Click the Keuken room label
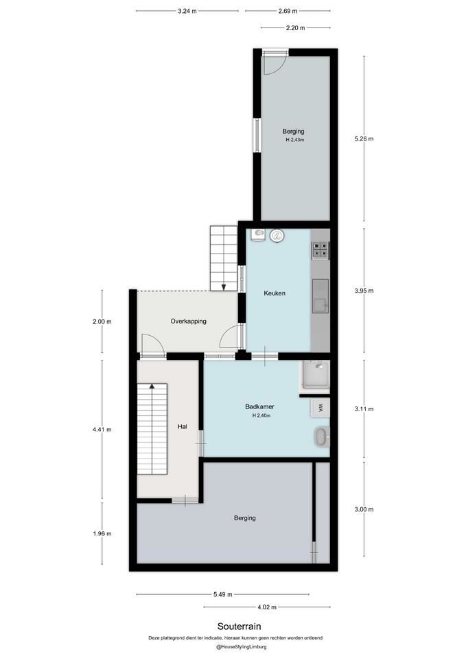click(x=275, y=293)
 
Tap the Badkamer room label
click(x=259, y=406)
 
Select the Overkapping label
click(x=188, y=321)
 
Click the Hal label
click(x=182, y=426)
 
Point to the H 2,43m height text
click(x=294, y=140)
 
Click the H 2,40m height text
click(x=261, y=415)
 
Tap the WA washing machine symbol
click(x=321, y=407)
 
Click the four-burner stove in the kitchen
click(x=321, y=251)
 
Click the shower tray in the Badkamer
click(x=315, y=375)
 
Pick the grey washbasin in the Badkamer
click(x=322, y=437)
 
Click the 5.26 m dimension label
click(x=364, y=138)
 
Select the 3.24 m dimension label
click(x=187, y=12)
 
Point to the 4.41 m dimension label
click(x=102, y=429)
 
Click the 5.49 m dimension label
click(x=222, y=594)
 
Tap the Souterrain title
click(x=239, y=626)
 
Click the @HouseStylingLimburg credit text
click(x=241, y=646)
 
